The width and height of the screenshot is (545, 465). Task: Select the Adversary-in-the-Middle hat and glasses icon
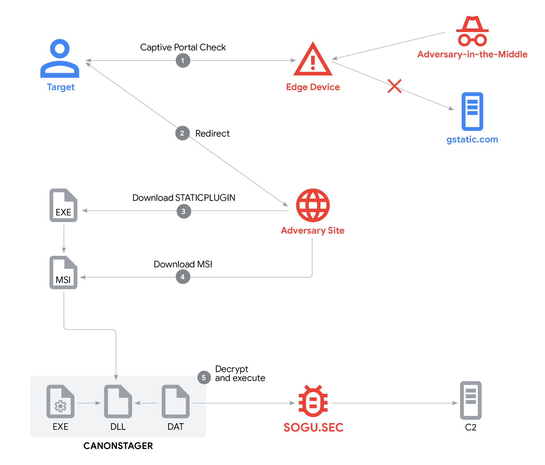472,31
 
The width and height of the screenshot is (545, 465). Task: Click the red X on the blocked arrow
394,86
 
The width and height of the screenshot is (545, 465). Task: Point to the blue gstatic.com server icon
472,111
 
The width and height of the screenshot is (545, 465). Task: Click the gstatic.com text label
472,139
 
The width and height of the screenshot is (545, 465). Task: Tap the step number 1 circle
183,60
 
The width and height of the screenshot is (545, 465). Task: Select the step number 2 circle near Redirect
182,133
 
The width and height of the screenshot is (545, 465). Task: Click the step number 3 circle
184,211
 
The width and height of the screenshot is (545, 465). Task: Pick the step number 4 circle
183,277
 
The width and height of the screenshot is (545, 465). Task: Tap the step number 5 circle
204,377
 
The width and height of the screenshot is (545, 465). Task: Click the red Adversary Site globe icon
313,205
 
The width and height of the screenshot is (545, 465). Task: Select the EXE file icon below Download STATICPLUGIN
63,205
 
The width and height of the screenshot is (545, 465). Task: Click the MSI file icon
63,273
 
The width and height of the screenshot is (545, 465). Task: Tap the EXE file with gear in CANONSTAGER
60,401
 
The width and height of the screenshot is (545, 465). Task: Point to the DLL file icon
118,401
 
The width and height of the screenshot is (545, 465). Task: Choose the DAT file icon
175,401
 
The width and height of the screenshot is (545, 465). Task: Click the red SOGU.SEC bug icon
313,401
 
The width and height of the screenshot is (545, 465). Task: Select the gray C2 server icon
470,400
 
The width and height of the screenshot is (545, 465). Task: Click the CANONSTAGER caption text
118,446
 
